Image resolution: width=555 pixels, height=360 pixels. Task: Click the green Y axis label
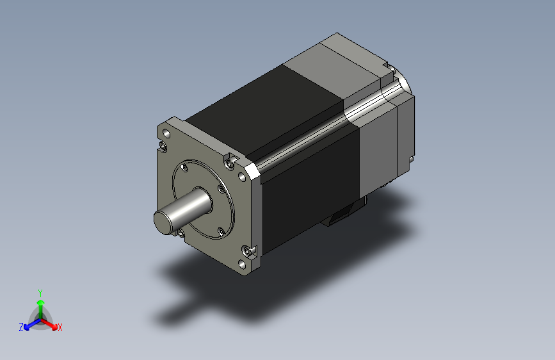click(40, 293)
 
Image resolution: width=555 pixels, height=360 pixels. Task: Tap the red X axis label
click(60, 327)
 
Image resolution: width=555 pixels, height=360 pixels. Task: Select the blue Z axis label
click(21, 327)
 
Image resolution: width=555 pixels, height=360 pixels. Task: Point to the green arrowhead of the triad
click(41, 302)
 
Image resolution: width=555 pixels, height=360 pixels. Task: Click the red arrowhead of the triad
click(54, 326)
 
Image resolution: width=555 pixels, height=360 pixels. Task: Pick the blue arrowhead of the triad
click(27, 327)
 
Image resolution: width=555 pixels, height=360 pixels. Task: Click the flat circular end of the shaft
click(162, 222)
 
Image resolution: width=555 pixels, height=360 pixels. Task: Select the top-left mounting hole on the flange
click(166, 134)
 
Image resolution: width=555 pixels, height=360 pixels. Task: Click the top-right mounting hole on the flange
click(242, 177)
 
